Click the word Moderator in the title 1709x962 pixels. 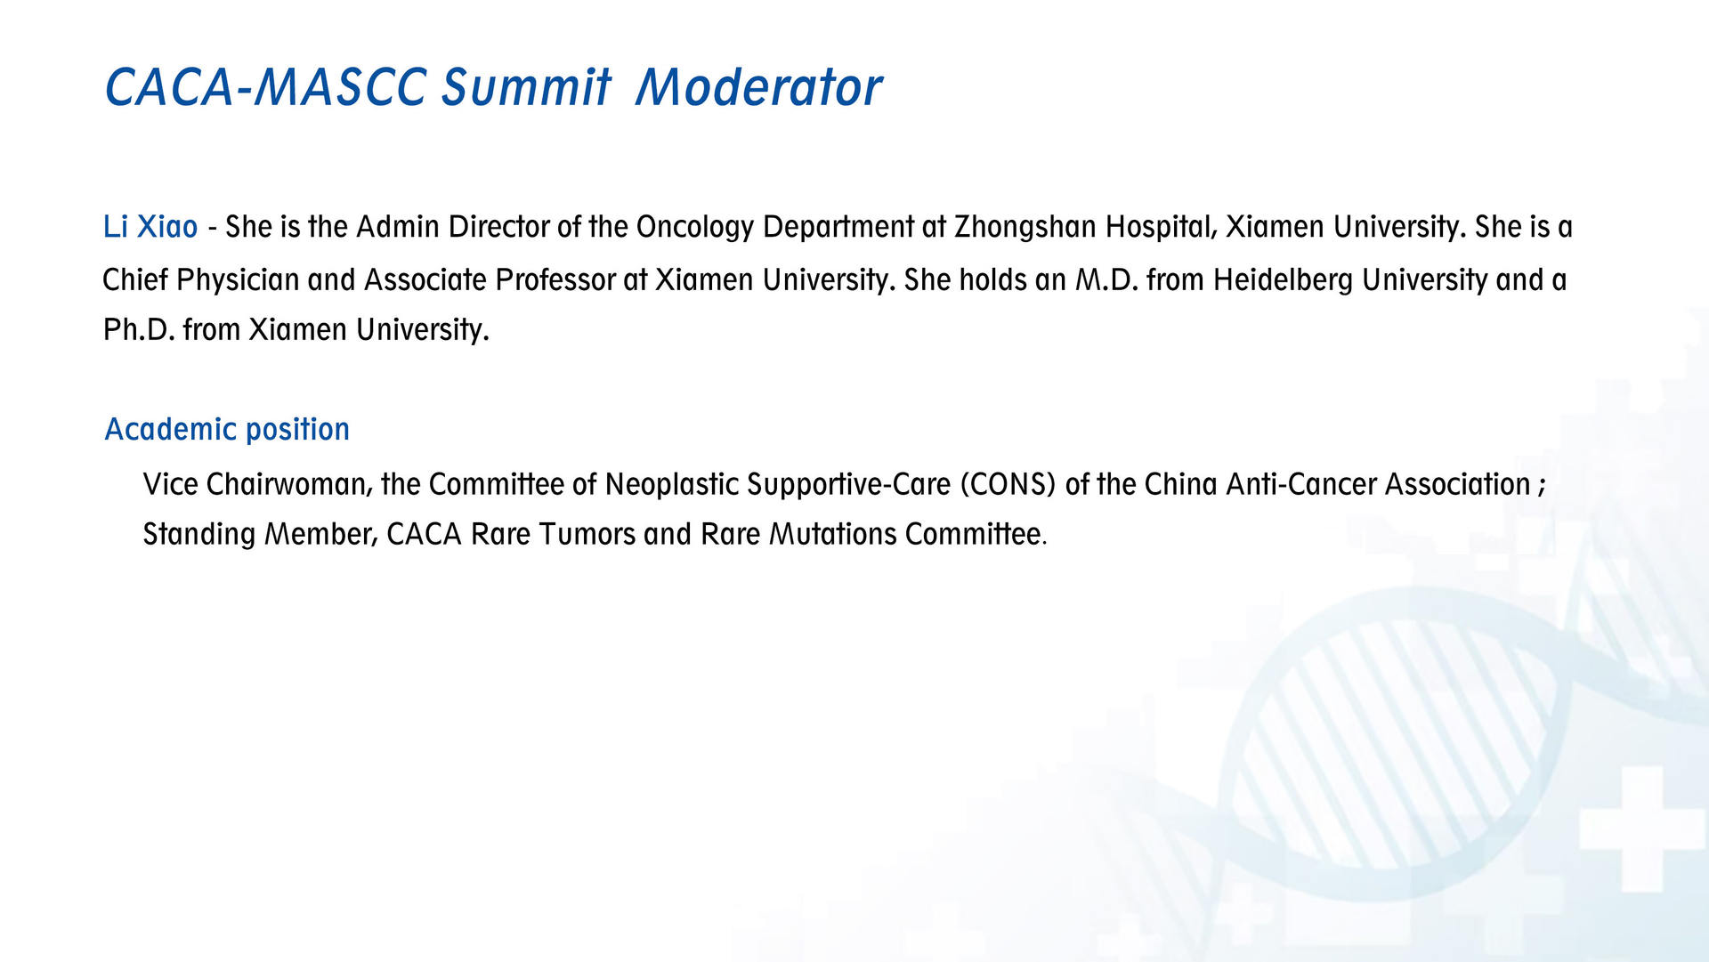[x=758, y=87]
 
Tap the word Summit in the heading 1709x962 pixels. [x=526, y=87]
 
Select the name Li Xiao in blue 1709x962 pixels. [x=150, y=227]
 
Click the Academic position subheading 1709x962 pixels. [x=227, y=430]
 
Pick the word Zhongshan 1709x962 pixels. [x=1025, y=228]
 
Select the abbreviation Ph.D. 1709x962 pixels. [x=139, y=330]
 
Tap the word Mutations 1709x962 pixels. [x=833, y=535]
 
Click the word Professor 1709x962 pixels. [x=555, y=280]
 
